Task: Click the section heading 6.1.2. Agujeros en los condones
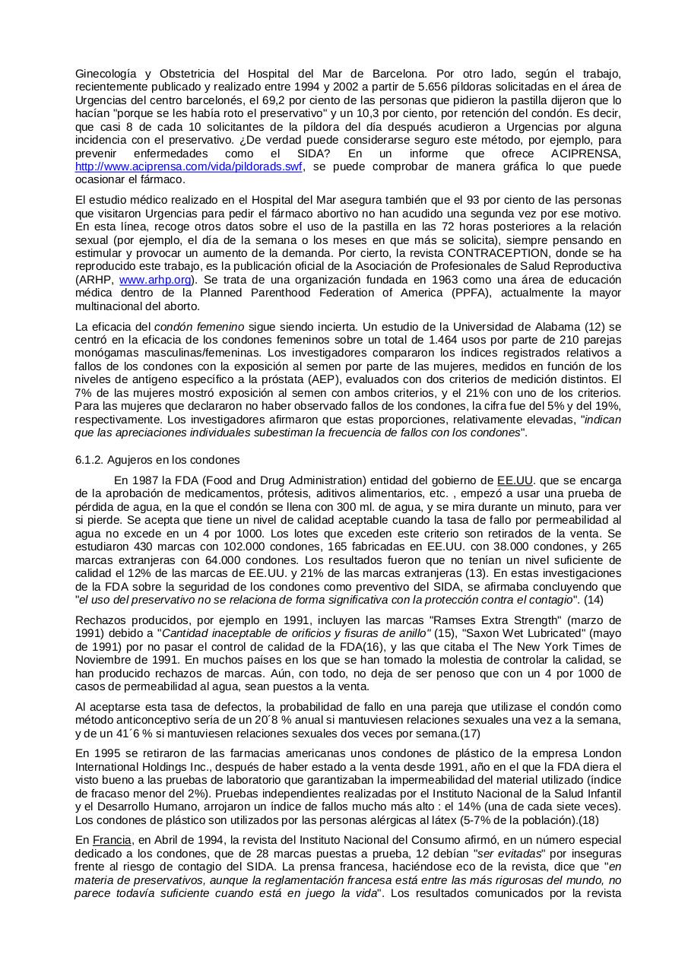(157, 460)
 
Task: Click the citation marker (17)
(469, 734)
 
